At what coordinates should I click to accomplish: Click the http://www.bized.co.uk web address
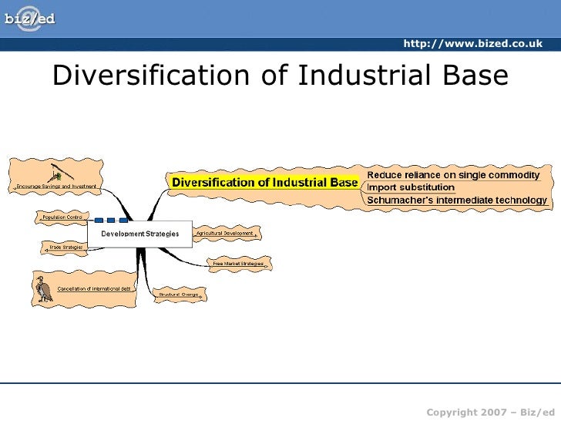click(472, 44)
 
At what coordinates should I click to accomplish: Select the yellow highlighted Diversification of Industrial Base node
click(264, 183)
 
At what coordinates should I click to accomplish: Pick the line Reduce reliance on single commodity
click(452, 175)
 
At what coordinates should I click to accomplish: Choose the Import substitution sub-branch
click(411, 187)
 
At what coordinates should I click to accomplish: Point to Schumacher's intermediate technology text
click(457, 200)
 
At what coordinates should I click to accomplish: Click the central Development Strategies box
click(140, 233)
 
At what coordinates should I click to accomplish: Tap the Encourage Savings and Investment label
click(57, 187)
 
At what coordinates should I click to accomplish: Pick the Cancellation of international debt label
click(94, 288)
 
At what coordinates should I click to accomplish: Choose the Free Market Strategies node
click(238, 264)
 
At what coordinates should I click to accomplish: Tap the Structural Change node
click(180, 295)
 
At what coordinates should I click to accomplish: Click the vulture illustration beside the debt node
click(43, 289)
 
